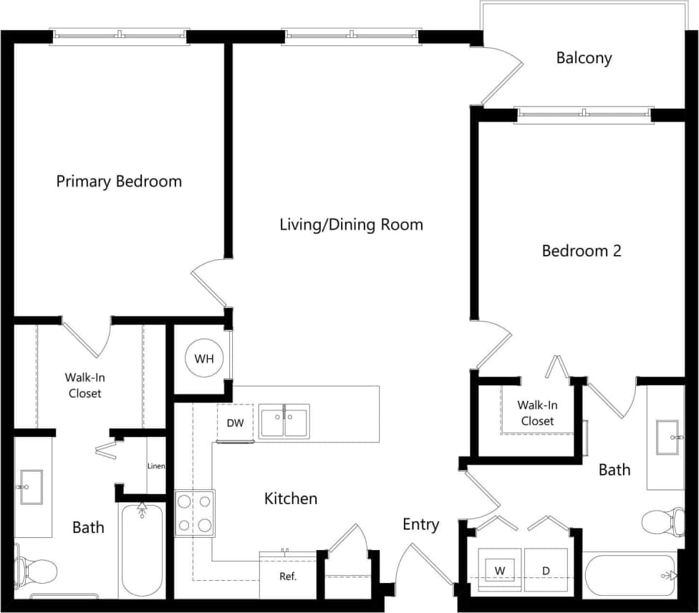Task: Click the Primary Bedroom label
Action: coord(119,181)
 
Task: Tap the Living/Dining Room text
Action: coord(351,225)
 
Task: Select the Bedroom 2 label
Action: coord(581,251)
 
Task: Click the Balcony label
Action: coord(584,58)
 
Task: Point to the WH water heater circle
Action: coord(204,359)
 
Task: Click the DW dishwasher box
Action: coord(236,423)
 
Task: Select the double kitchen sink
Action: coord(284,421)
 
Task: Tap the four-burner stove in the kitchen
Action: coord(195,513)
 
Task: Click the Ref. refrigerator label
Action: coord(288,576)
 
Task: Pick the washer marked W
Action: coord(501,570)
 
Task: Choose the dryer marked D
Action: coord(546,570)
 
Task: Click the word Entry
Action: coord(420,525)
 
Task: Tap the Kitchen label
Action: coord(291,498)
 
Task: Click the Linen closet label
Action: coord(156,466)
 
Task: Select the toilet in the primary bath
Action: coord(36,571)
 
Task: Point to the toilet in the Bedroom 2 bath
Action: coord(662,521)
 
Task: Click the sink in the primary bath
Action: coord(30,487)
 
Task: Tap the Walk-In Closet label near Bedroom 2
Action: coord(537,413)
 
